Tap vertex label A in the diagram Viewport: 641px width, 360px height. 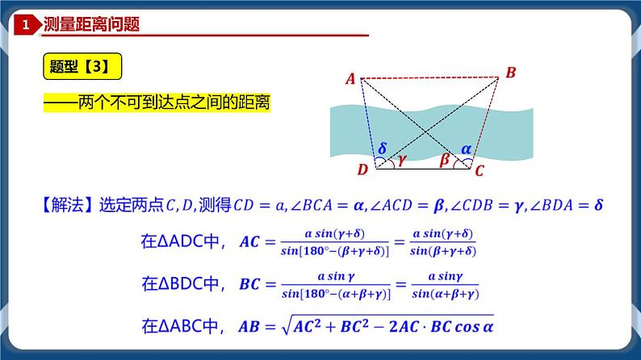[x=350, y=78]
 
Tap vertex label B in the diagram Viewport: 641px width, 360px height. [x=510, y=73]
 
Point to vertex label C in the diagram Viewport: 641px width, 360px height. [x=479, y=170]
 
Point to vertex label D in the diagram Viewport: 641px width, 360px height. [x=362, y=170]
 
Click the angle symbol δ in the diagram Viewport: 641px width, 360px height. [x=383, y=149]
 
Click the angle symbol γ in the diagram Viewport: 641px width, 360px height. [x=401, y=160]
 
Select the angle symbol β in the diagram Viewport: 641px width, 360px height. [x=443, y=160]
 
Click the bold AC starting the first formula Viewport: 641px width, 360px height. [x=251, y=241]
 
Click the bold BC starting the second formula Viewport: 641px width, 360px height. [x=251, y=285]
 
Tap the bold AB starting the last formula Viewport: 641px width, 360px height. [x=251, y=328]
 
